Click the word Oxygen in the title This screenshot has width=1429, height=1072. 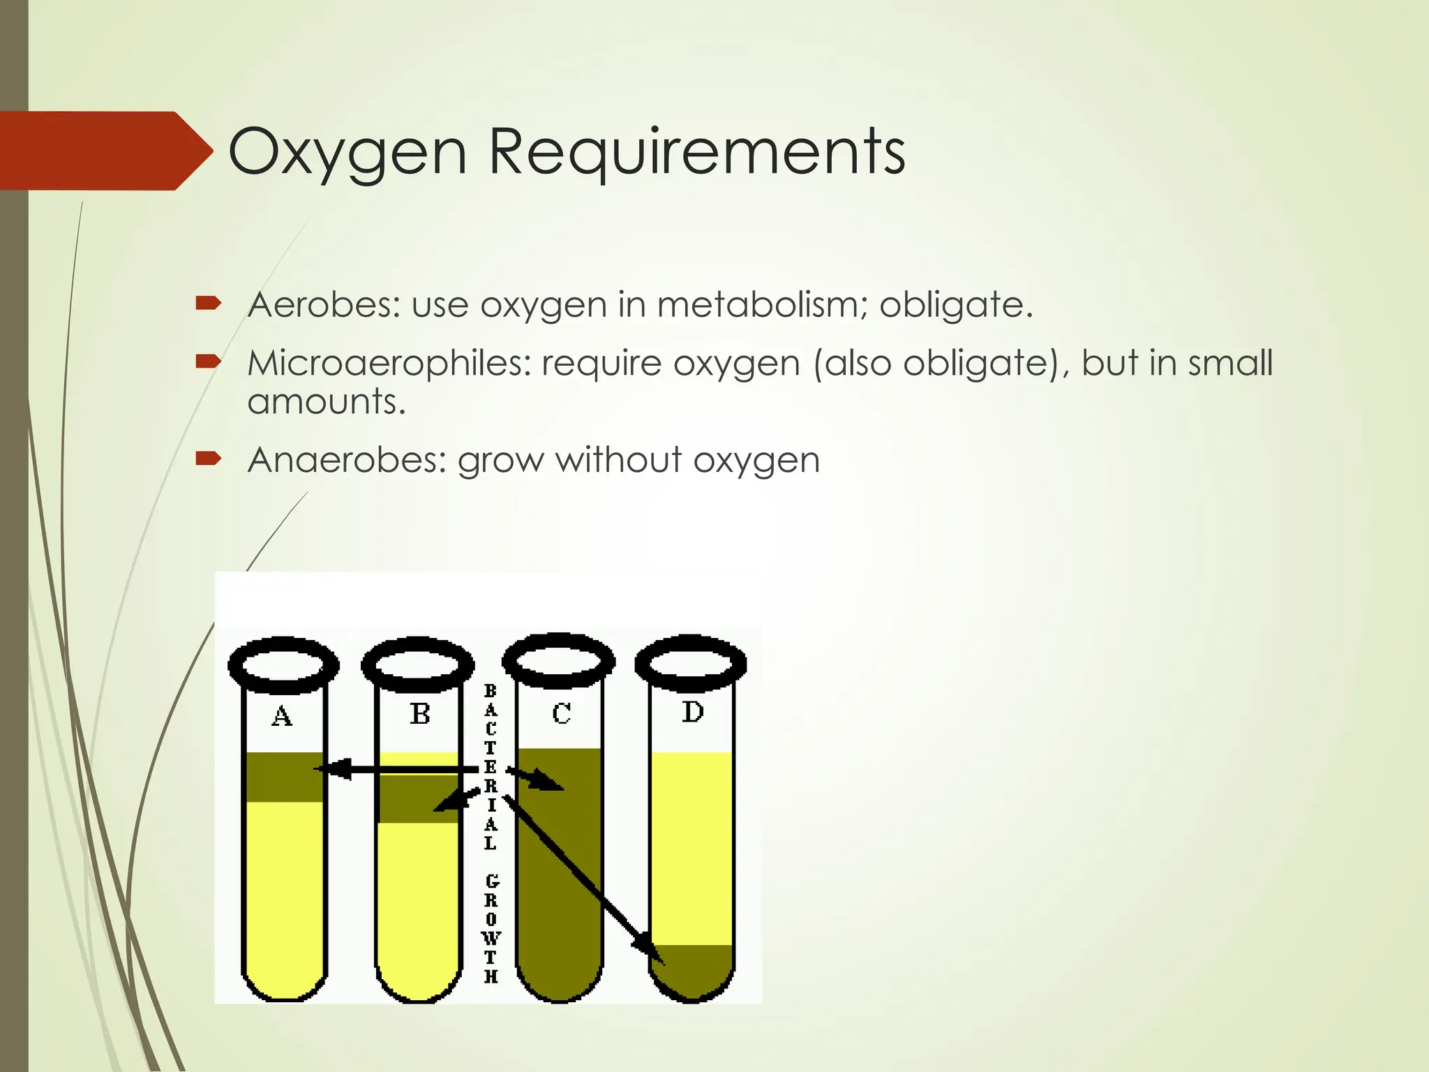(347, 152)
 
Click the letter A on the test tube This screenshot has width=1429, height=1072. (282, 716)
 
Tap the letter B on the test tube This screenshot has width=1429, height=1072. (419, 714)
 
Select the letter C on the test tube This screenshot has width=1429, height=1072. (561, 713)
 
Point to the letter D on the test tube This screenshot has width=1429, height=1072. (692, 712)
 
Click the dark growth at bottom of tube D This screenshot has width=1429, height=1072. (691, 970)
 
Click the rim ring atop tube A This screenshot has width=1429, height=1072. (283, 664)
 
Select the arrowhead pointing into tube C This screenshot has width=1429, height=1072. (551, 784)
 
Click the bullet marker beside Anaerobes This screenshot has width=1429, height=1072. (208, 459)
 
